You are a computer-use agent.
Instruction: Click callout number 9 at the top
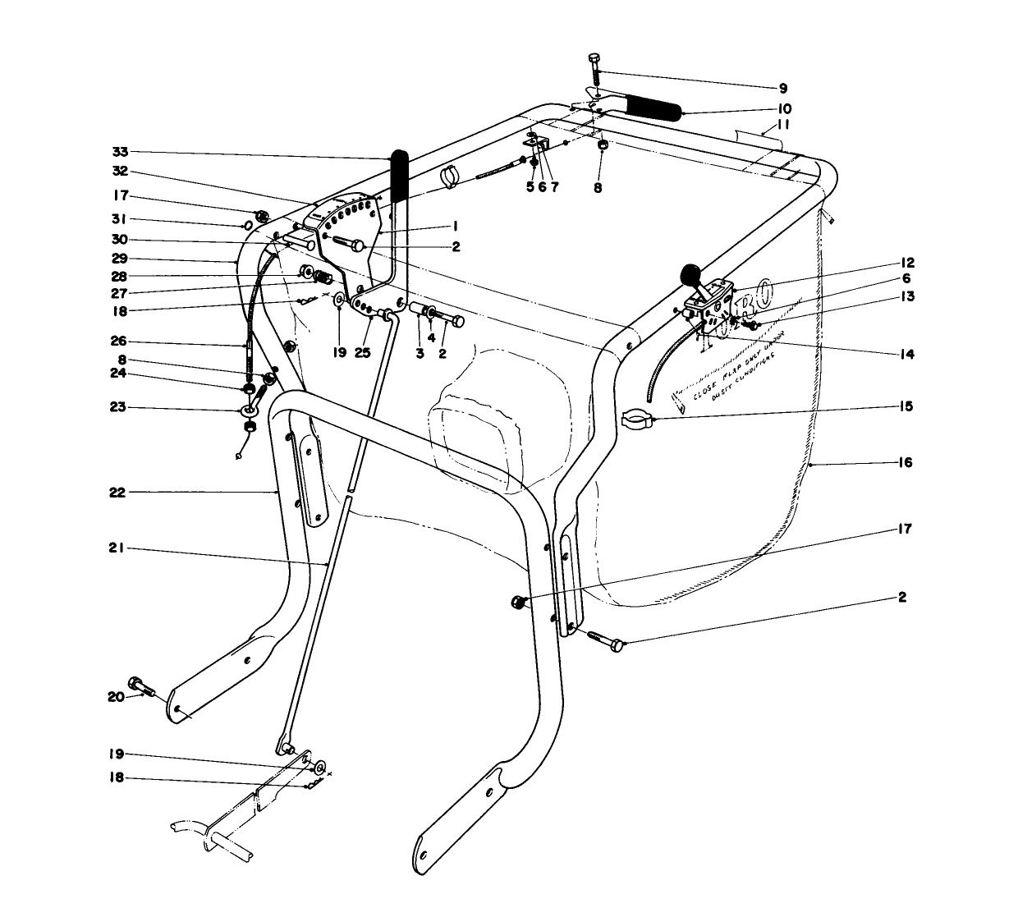point(782,88)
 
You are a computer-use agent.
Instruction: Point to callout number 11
point(783,125)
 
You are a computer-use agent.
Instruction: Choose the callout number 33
point(121,152)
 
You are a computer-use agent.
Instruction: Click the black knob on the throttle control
point(691,273)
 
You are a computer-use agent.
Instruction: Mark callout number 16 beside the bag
point(905,463)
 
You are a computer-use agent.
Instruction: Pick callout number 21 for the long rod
point(116,550)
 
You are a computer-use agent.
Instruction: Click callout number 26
point(117,342)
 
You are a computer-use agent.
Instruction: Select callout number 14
point(906,355)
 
